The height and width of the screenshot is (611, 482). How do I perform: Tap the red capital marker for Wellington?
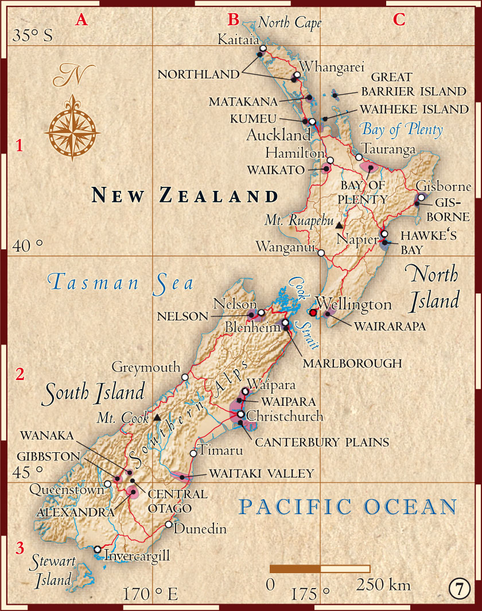coord(313,313)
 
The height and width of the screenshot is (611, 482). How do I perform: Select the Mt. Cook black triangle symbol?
coord(157,417)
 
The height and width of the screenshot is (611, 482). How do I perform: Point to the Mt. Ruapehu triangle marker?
coord(339,225)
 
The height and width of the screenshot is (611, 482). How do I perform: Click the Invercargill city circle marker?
coord(98,549)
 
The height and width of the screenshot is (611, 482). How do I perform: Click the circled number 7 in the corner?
coord(459,589)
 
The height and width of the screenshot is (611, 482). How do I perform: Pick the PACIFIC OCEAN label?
coord(348,507)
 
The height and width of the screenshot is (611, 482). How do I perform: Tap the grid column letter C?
coord(399,19)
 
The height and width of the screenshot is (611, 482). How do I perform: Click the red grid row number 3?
coord(20,548)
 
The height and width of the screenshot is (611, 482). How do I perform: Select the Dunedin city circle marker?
coord(168,524)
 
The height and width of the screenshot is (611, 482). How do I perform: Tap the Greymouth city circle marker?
coord(185,377)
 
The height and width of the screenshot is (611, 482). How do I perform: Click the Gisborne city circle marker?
coord(421,197)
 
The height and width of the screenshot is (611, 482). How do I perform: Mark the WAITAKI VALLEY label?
coord(262,473)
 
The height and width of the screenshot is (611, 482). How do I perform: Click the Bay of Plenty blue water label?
coord(402,130)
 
